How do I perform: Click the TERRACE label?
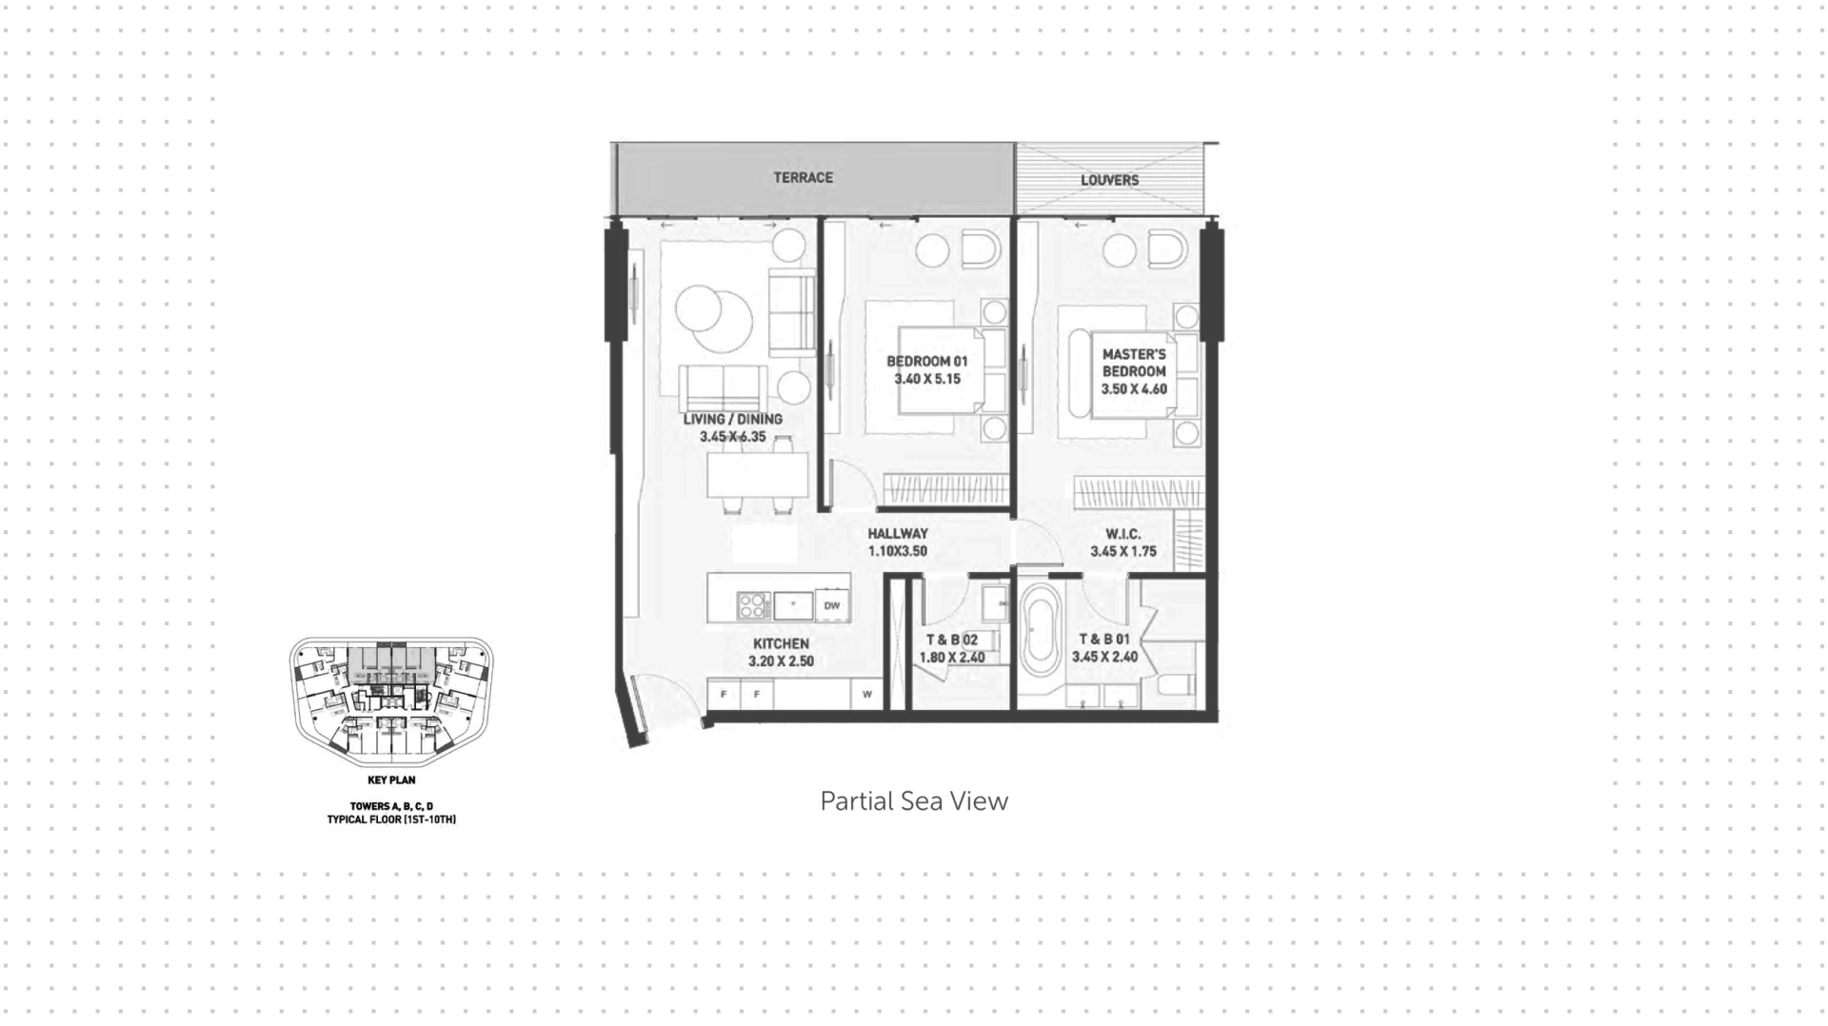803,178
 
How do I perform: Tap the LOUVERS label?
1109,180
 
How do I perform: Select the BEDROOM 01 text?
926,362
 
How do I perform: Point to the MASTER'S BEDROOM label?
1134,363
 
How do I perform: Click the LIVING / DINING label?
732,419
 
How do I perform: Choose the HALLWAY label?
897,534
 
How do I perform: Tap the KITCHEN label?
781,644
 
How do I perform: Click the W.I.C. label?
1123,534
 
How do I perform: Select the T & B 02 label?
952,641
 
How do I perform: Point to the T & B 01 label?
1104,640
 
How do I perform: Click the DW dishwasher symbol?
832,605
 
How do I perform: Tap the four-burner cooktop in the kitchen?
753,605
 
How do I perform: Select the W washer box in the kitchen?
866,694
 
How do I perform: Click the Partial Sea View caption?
914,801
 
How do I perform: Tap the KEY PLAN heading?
391,780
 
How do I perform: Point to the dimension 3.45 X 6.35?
732,437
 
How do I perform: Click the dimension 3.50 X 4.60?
1134,389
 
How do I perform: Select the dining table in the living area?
757,475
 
